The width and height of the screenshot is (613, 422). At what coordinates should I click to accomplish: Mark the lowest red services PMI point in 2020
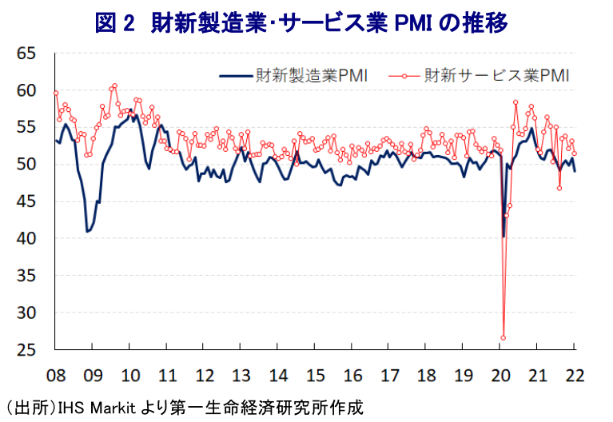[x=504, y=337]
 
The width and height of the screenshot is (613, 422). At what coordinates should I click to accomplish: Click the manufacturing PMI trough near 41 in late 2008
[x=87, y=231]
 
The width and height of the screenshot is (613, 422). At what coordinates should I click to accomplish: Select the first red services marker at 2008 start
[x=56, y=93]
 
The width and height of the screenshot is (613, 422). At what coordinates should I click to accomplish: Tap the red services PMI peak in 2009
[x=115, y=86]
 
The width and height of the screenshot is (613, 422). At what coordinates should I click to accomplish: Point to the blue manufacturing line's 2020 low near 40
[x=504, y=237]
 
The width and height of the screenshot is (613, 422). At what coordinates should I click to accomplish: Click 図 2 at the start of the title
[x=117, y=22]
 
